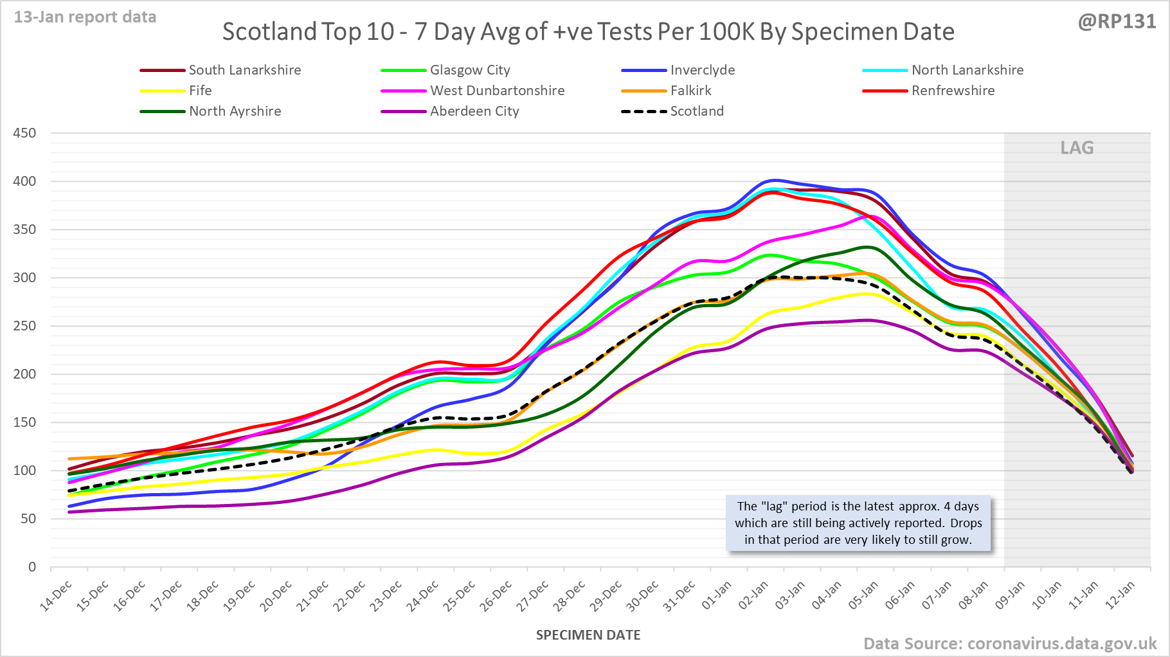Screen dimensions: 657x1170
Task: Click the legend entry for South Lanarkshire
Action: (x=244, y=70)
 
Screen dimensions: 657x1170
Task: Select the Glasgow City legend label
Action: (x=469, y=70)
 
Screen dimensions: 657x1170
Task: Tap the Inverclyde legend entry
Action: (x=702, y=70)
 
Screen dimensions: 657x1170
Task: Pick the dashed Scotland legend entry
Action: (x=696, y=111)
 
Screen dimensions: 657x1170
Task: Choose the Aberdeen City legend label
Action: (x=474, y=111)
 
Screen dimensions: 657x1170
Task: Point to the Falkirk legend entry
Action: (x=690, y=91)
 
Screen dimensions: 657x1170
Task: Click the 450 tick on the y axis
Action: (x=24, y=133)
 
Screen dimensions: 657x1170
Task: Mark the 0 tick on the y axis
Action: (x=32, y=567)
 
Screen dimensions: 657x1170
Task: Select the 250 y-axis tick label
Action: (x=24, y=326)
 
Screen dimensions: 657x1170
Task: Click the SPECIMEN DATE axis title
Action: (x=588, y=635)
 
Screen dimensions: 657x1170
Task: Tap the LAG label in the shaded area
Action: (x=1077, y=148)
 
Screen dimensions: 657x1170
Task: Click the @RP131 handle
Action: (x=1117, y=22)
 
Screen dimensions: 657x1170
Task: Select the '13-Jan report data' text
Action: (x=85, y=17)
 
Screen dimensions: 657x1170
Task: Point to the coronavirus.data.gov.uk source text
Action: (x=1061, y=643)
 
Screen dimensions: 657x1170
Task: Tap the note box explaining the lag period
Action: (x=858, y=523)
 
